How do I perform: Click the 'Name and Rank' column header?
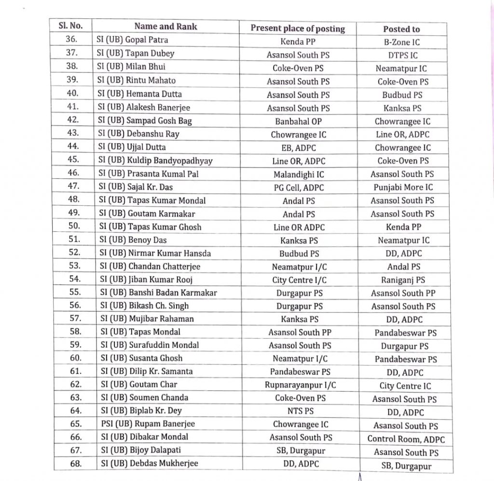coord(165,27)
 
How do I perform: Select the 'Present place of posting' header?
coord(298,28)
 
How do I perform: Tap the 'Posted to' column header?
coord(401,29)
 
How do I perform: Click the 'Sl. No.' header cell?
coord(71,26)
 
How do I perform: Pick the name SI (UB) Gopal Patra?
coord(133,40)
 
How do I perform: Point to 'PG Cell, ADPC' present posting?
coord(299,187)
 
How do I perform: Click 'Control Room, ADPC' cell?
coord(406,439)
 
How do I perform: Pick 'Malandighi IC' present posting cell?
coord(299,174)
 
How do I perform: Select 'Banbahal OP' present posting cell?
coord(298,122)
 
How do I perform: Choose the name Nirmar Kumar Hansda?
coord(155,253)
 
